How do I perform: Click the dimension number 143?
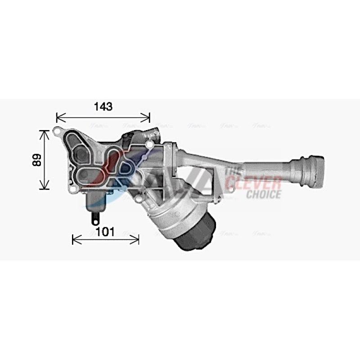click(103, 107)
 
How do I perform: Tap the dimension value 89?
click(37, 160)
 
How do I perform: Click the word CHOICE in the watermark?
click(263, 194)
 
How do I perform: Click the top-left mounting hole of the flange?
click(57, 132)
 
